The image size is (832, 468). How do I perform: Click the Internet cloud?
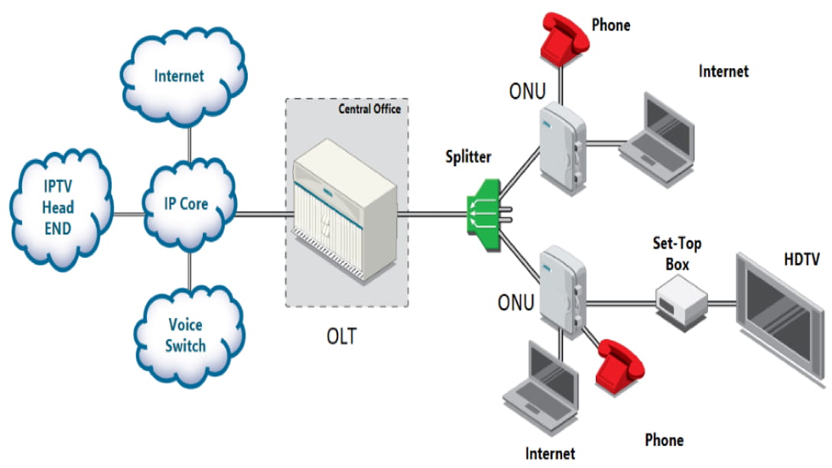tap(179, 76)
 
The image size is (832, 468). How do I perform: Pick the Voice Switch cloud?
tap(185, 334)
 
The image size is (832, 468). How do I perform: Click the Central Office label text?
tap(369, 109)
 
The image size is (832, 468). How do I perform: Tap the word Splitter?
tap(469, 158)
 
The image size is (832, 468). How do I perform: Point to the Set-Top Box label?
tap(677, 254)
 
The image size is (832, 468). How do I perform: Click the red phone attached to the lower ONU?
tap(622, 365)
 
